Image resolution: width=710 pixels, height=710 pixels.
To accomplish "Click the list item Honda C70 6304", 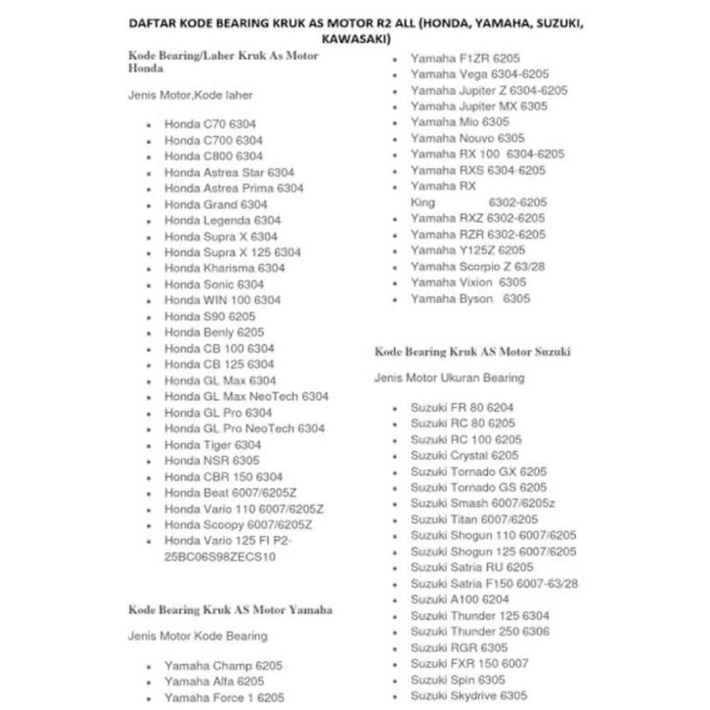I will (213, 125).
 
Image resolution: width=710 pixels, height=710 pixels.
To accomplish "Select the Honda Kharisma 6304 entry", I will (225, 268).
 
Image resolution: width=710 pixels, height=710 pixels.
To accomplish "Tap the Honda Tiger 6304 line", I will (213, 444).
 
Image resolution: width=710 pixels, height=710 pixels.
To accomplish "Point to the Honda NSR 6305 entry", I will (212, 460).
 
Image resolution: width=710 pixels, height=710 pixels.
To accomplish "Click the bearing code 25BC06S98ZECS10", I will (220, 556).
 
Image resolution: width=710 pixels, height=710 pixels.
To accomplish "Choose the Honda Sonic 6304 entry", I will (214, 284).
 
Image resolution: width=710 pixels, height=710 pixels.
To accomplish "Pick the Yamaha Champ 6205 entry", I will (223, 665).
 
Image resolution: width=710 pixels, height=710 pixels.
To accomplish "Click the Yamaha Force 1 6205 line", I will (225, 697).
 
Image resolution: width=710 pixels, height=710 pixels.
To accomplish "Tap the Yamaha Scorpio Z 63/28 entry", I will (478, 266).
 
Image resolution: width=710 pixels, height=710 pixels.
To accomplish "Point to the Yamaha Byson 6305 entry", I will (469, 298).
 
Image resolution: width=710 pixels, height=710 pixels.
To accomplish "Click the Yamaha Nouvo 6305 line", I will (467, 138).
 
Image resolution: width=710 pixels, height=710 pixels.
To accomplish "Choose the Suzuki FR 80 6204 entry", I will (463, 407).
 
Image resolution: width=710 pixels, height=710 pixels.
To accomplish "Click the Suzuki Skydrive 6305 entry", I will (468, 695).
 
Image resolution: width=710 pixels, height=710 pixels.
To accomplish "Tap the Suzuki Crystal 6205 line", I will (465, 455).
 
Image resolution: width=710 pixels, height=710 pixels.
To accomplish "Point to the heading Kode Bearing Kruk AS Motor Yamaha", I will (230, 609).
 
